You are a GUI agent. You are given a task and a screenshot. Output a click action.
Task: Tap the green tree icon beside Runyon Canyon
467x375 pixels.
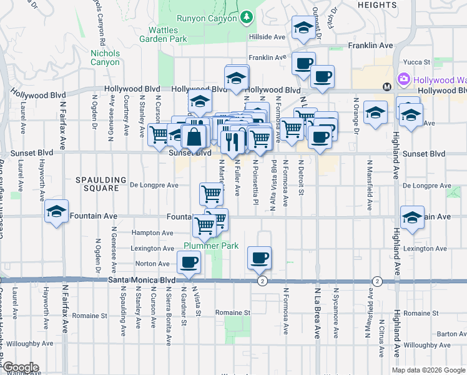tap(247, 16)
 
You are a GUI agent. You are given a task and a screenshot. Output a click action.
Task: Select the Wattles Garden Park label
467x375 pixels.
tap(167, 34)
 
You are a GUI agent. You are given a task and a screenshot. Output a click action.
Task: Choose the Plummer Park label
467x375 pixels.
tap(211, 246)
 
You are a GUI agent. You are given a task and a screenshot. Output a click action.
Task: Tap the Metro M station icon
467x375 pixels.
tap(387, 86)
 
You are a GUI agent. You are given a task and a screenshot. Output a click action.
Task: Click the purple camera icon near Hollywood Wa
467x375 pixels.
tap(404, 79)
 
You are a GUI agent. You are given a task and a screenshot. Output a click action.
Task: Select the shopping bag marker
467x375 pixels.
tap(194, 137)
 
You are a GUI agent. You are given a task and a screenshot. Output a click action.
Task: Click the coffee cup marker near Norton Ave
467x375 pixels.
tap(188, 262)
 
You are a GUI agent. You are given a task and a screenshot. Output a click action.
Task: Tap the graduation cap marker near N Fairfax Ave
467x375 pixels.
tap(56, 212)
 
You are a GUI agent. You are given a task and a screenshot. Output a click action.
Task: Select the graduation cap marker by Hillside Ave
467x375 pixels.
tap(303, 28)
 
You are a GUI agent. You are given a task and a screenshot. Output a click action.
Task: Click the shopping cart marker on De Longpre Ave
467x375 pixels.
tap(212, 194)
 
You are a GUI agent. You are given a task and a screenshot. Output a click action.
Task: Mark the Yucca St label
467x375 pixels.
tap(418, 62)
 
